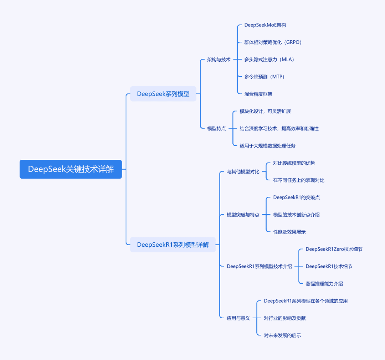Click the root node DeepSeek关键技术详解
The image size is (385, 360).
click(71, 169)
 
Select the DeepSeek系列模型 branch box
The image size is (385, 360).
click(163, 94)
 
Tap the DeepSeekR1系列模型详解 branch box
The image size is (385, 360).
click(173, 245)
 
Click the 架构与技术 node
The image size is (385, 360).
click(219, 60)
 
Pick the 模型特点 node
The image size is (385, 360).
click(216, 128)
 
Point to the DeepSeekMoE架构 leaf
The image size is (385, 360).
click(265, 25)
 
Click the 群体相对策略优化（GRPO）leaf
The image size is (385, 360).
click(273, 42)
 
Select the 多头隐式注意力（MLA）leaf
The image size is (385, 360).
click(269, 60)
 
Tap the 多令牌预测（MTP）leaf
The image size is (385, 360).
click(265, 77)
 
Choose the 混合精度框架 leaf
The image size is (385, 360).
click(258, 94)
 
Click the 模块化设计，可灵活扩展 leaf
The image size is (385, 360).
click(265, 111)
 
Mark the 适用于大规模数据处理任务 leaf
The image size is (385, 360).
click(267, 146)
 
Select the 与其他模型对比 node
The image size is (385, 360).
click(243, 172)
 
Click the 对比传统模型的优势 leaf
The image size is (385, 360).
click(294, 163)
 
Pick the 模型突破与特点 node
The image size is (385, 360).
click(243, 215)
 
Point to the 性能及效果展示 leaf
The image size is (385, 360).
click(289, 232)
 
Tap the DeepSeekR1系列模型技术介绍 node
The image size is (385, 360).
click(259, 267)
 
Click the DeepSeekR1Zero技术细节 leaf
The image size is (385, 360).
click(334, 249)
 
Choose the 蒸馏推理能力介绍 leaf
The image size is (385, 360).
click(324, 284)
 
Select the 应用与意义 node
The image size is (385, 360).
click(238, 318)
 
